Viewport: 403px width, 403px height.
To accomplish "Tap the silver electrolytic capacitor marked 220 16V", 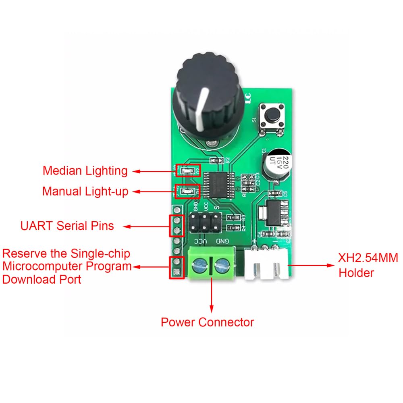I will (276, 163).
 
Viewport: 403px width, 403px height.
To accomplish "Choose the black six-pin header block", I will (204, 222).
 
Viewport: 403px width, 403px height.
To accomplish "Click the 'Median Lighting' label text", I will (85, 171).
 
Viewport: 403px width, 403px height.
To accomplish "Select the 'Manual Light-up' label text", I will (85, 191).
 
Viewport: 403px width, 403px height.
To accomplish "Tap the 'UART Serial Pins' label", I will (67, 226).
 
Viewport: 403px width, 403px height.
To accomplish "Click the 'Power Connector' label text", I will (207, 322).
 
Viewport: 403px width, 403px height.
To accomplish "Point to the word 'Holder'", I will (356, 273).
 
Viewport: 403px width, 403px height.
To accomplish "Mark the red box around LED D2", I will (188, 171).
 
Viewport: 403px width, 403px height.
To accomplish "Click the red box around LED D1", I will (188, 191).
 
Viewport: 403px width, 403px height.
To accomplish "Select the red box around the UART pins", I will (177, 226).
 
